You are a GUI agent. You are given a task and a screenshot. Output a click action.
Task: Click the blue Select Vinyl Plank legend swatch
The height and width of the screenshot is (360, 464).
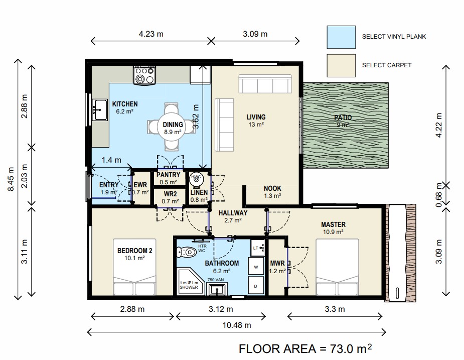(341, 37)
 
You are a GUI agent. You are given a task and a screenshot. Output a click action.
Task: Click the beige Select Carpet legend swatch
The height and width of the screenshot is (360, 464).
(341, 65)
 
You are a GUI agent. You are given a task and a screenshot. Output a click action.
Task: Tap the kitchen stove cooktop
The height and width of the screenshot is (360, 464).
(144, 75)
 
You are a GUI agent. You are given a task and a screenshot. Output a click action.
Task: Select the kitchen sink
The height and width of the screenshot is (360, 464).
(100, 110)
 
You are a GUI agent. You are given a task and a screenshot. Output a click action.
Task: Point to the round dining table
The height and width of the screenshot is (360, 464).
(172, 127)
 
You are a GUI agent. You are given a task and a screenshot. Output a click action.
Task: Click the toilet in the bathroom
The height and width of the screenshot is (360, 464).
(186, 253)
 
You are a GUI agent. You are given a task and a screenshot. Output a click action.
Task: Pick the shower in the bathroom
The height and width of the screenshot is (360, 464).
(191, 282)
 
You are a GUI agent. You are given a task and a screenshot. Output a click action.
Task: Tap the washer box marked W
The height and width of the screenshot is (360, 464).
(256, 267)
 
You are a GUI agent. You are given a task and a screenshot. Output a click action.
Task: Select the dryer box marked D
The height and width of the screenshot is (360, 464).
(256, 286)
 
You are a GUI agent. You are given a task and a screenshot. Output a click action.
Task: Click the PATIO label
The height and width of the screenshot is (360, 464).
(343, 117)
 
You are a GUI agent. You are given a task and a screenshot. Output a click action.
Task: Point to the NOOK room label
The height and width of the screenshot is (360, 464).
(272, 188)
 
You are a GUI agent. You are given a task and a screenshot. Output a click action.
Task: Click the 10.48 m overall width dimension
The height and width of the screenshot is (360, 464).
(236, 325)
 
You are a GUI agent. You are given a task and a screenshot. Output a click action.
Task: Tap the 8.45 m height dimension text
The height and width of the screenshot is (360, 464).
(11, 179)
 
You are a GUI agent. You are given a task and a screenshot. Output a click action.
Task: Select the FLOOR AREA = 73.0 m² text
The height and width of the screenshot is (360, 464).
(305, 349)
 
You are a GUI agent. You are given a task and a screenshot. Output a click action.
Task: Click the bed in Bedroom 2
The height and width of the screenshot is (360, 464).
(134, 267)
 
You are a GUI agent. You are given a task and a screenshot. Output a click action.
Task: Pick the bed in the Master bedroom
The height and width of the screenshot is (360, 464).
(338, 267)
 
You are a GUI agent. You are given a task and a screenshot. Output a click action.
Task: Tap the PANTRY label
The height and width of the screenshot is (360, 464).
(168, 175)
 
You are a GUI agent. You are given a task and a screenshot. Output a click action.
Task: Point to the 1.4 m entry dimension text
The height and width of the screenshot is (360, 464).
(111, 160)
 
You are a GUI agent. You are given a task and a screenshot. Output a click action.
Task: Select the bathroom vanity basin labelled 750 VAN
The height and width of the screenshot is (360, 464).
(217, 289)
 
